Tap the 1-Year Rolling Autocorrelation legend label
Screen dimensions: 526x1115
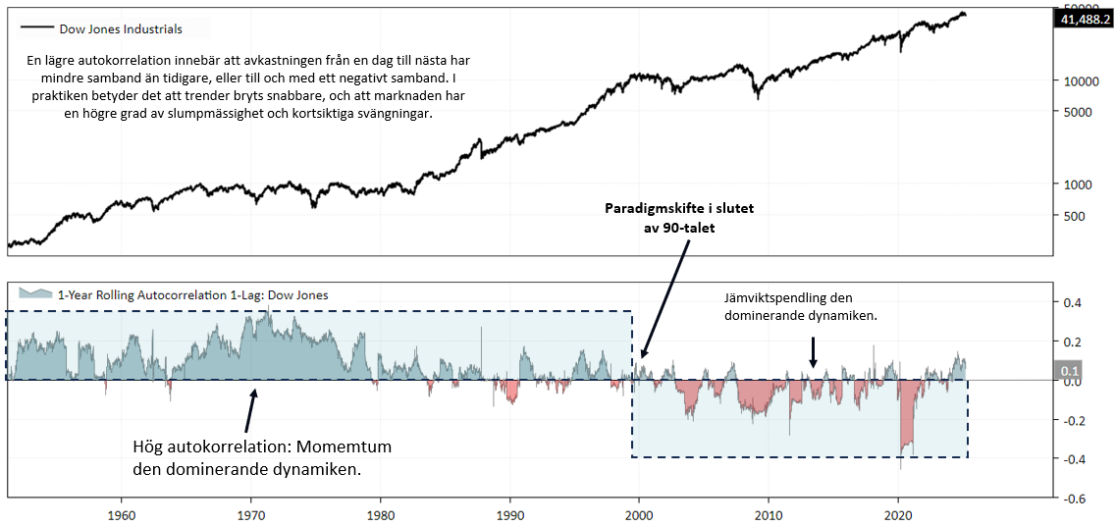point(193,294)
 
